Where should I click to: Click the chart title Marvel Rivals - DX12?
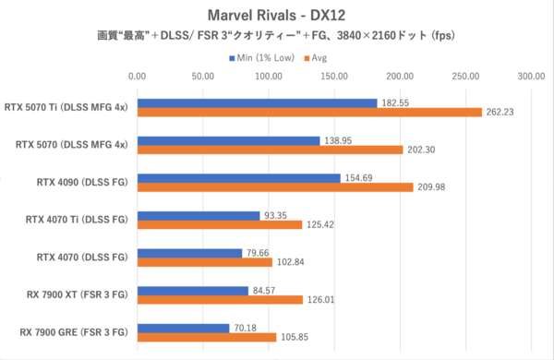click(277, 15)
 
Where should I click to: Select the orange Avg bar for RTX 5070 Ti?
click(309, 113)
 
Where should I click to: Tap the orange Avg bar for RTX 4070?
click(204, 262)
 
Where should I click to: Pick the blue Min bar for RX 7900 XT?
click(192, 290)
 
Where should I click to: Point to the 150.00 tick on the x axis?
click(334, 78)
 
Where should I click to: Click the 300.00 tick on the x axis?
click(531, 78)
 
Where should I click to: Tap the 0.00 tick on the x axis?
click(138, 78)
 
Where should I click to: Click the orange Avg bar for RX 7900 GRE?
click(207, 337)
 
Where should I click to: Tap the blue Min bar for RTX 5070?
click(228, 139)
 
